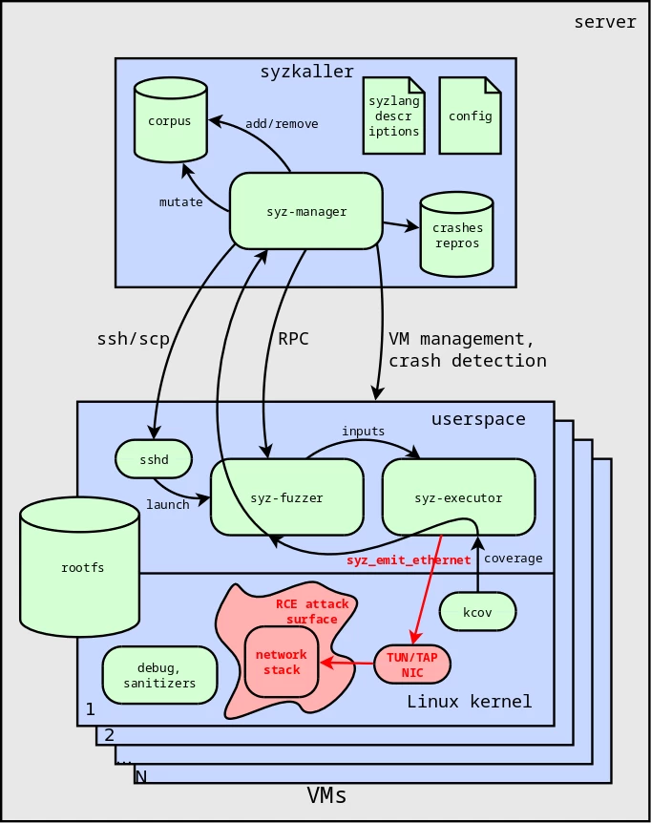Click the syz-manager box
pos(305,211)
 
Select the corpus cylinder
pos(171,120)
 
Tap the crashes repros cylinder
pos(457,235)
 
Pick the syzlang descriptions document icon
pos(393,116)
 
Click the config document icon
pos(470,116)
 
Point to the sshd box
pos(154,459)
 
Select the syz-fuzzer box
pos(286,497)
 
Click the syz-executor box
pos(458,497)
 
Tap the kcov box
pos(477,612)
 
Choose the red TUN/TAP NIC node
pos(411,665)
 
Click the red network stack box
pos(282,662)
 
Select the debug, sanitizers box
pos(159,675)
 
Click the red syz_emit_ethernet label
pos(409,559)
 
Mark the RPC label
pos(294,339)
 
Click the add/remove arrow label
pos(282,124)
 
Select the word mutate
pos(180,202)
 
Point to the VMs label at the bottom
pos(326,795)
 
